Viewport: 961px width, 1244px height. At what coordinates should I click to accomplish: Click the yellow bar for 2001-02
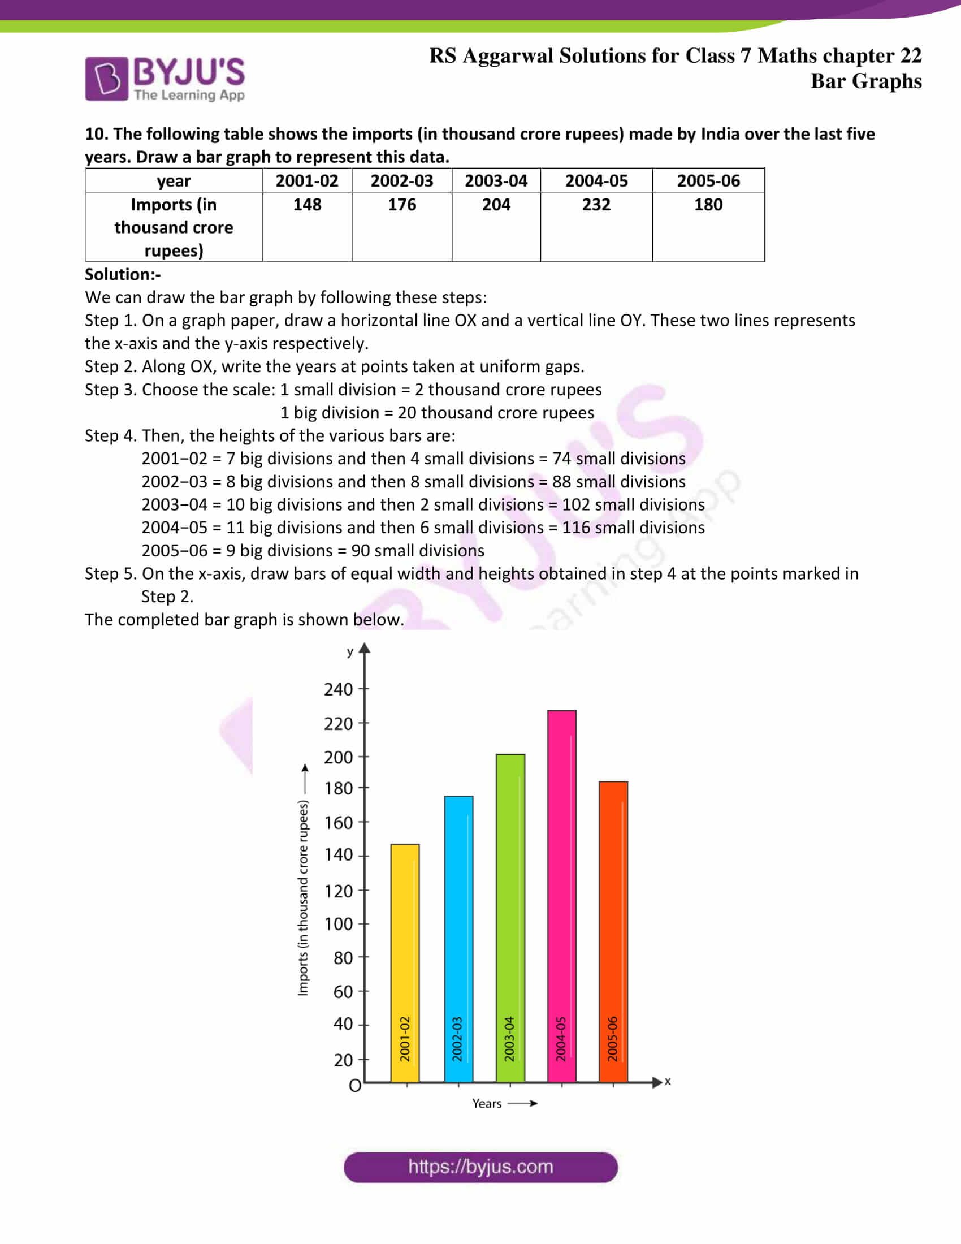tap(405, 962)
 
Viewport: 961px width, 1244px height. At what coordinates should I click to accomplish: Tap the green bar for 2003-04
tap(510, 918)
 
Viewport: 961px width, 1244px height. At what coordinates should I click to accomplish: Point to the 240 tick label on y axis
tap(338, 690)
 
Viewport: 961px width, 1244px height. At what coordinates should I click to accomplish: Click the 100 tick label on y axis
tap(338, 924)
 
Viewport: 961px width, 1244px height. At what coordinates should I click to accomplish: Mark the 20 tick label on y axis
tap(343, 1060)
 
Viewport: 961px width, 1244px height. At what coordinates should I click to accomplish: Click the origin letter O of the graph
tap(354, 1086)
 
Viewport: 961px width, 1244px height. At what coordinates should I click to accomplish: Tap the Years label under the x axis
tap(487, 1104)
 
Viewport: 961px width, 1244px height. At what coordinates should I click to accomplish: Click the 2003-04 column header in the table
tap(496, 180)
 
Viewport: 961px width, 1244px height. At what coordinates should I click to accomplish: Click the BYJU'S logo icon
tap(106, 79)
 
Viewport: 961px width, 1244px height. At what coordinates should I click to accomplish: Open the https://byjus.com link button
tap(480, 1167)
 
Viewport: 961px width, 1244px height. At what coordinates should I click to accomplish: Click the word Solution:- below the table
tap(123, 275)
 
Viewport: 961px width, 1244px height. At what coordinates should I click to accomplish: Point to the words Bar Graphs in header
tap(865, 81)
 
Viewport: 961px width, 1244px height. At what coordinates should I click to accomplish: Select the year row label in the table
tap(174, 181)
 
